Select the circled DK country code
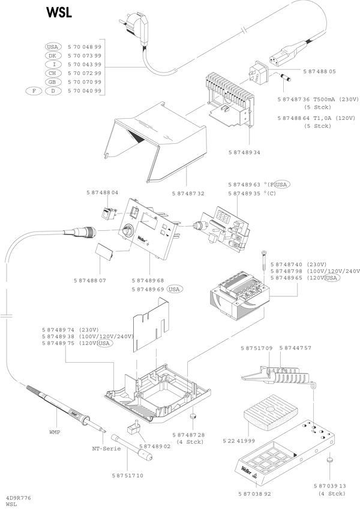[x=53, y=55]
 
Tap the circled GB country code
[x=53, y=82]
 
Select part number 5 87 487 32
[x=188, y=194]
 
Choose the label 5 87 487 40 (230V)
[x=298, y=264]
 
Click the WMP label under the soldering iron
[x=55, y=431]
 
